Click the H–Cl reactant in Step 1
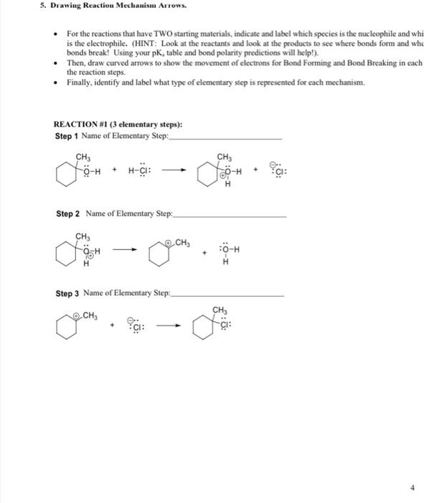coord(140,171)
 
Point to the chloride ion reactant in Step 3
coord(136,328)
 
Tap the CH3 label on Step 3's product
coord(220,310)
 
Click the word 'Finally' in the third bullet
coord(77,83)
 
